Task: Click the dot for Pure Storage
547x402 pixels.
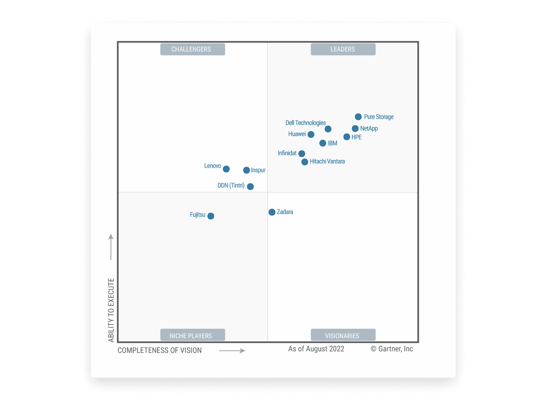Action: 358,117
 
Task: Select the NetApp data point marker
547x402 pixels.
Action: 355,129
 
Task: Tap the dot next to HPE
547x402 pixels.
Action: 347,137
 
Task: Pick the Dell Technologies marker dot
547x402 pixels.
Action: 328,129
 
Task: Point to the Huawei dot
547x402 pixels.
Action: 311,134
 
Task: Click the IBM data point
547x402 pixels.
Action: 323,143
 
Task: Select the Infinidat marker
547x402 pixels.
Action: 302,153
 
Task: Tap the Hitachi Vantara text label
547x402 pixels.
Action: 327,161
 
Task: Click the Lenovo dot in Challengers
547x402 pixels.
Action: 226,169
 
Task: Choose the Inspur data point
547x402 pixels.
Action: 246,170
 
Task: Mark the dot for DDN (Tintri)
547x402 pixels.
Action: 250,186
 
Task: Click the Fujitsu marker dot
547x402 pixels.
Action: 211,216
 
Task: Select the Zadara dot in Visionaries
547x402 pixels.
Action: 272,212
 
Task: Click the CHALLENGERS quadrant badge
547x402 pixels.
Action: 192,49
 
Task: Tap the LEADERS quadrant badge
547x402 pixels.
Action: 343,49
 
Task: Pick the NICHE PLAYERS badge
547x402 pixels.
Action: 192,335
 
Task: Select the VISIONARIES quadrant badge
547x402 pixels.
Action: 343,335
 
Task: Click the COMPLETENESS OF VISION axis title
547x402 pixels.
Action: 160,350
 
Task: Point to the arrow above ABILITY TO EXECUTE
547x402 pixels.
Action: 111,247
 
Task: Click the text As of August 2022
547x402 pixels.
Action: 316,349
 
